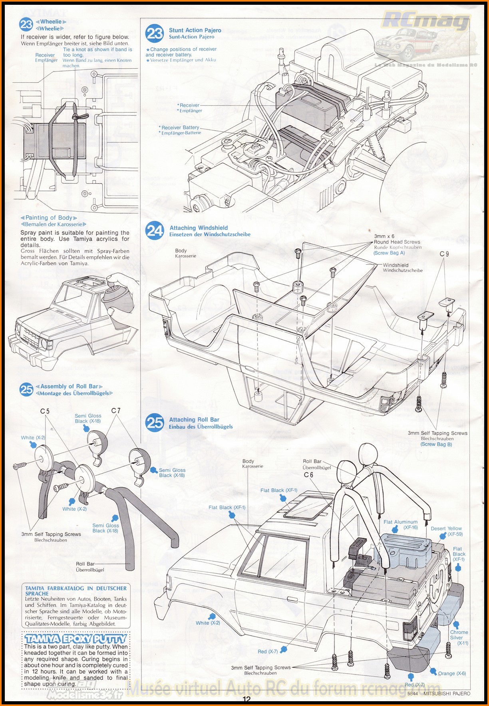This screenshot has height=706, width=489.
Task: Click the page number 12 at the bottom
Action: click(x=246, y=699)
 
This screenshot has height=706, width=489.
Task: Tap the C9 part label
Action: click(x=444, y=254)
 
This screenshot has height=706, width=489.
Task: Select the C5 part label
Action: click(x=45, y=411)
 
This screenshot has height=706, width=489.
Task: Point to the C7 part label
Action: click(x=116, y=411)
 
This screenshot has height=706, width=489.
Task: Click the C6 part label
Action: click(x=308, y=475)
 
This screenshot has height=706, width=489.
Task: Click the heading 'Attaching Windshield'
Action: click(x=199, y=228)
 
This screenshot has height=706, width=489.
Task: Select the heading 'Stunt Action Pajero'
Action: click(x=195, y=30)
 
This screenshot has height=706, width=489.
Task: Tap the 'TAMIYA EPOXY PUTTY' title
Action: click(x=76, y=639)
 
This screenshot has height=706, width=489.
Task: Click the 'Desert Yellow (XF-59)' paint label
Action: click(x=446, y=531)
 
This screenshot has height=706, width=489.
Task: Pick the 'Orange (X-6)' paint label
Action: click(x=452, y=673)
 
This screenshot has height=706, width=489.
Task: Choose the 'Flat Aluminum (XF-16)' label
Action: click(x=401, y=524)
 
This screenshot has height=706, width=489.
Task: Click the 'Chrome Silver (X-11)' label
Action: click(x=459, y=637)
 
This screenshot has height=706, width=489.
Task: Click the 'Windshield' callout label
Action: click(x=396, y=265)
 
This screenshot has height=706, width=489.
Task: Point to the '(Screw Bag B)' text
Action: click(x=436, y=444)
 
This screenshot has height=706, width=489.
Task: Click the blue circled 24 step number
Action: click(x=155, y=231)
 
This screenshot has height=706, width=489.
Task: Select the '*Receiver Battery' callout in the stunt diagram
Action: click(x=180, y=127)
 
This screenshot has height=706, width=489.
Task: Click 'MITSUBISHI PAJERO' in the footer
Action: click(x=447, y=694)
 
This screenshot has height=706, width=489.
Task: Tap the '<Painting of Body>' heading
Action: click(x=49, y=218)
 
